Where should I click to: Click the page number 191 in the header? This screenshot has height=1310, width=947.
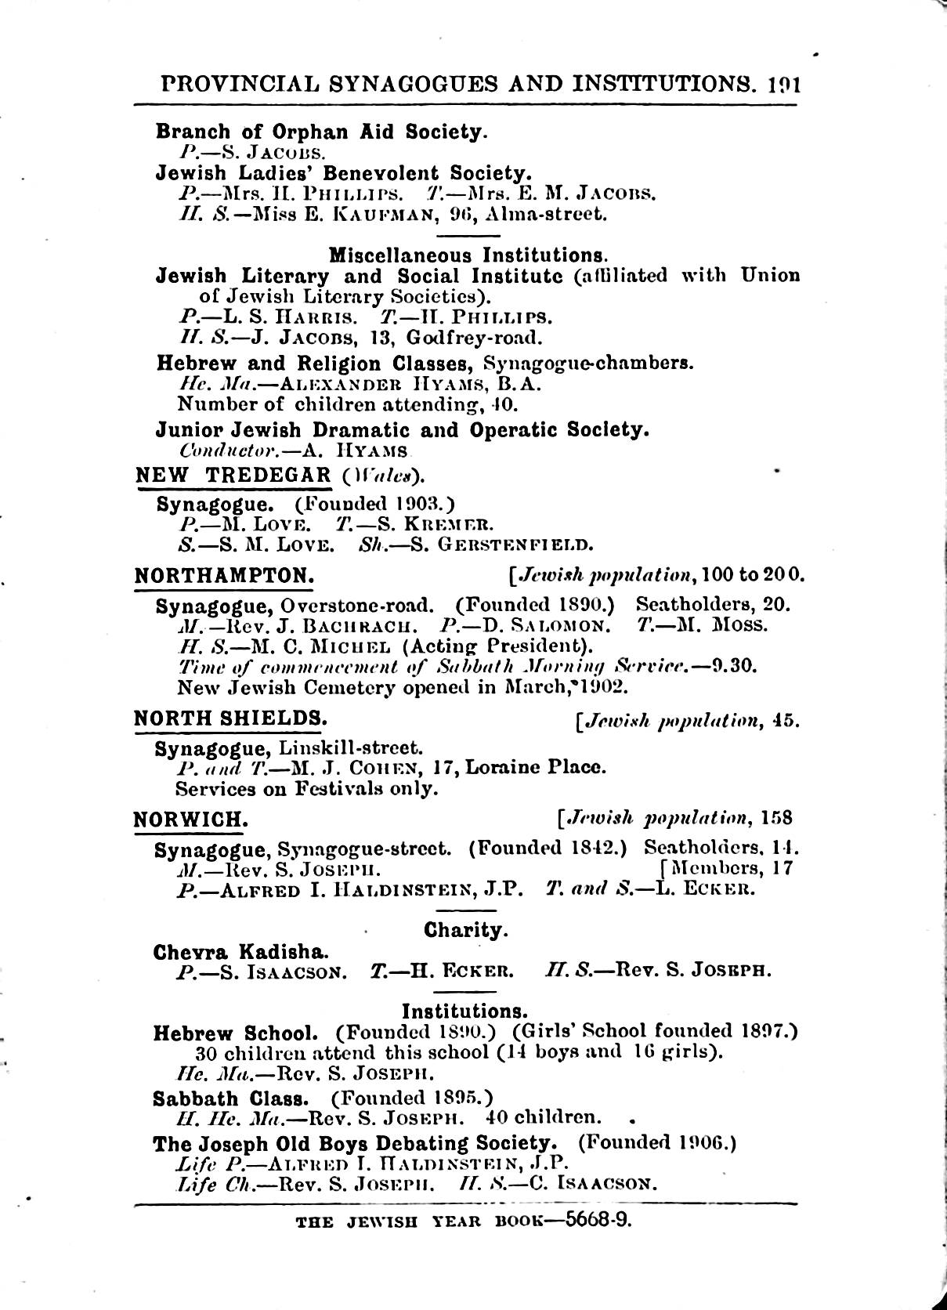783,84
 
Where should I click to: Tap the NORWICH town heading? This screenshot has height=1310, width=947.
191,820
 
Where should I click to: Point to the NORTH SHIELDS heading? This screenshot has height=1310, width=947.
230,718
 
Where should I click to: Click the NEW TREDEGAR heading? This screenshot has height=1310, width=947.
233,475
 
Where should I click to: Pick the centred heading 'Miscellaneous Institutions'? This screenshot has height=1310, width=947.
468,255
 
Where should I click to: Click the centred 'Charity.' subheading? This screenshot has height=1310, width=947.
466,930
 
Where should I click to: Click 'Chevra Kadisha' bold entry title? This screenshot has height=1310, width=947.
240,952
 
